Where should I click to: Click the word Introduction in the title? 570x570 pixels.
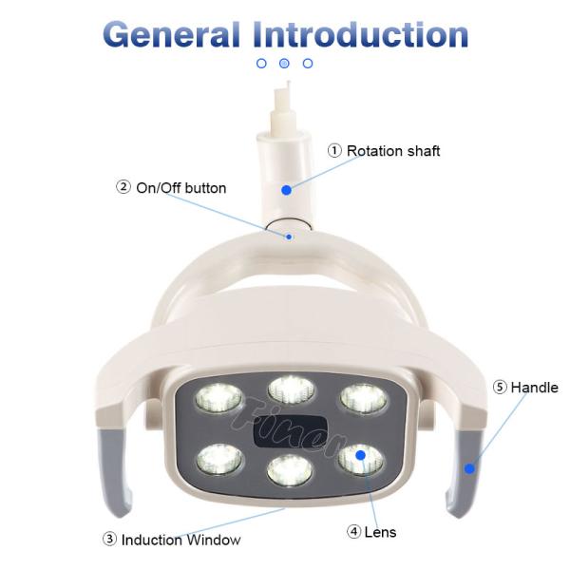[361, 34]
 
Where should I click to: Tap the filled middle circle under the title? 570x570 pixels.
[284, 64]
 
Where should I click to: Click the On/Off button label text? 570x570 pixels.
[181, 188]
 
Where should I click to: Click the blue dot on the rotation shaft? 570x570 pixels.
[287, 190]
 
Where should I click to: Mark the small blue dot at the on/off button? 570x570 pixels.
[289, 237]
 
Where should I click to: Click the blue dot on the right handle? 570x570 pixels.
[469, 468]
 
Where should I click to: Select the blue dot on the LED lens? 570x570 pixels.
[360, 455]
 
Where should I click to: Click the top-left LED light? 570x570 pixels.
[218, 398]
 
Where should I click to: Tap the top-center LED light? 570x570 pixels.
[291, 389]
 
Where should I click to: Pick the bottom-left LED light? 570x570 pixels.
[219, 460]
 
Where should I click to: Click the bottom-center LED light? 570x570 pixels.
[290, 471]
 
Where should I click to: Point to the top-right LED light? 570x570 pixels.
[364, 399]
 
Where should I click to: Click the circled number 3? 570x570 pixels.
[110, 540]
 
